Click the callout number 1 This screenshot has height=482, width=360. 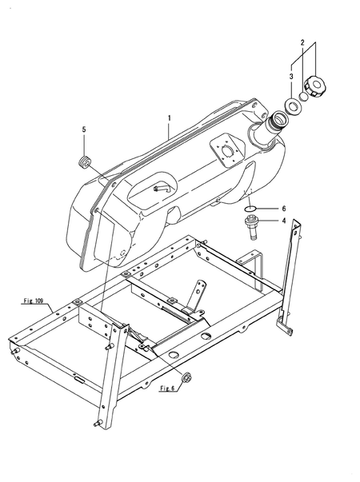point(170,118)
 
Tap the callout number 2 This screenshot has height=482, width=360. point(302,42)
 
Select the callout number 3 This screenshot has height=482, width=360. point(291,77)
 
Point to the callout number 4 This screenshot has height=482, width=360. point(283,221)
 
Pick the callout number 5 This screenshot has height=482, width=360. point(84,129)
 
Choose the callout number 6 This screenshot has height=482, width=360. point(283,209)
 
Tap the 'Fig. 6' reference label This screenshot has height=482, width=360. point(167,388)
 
